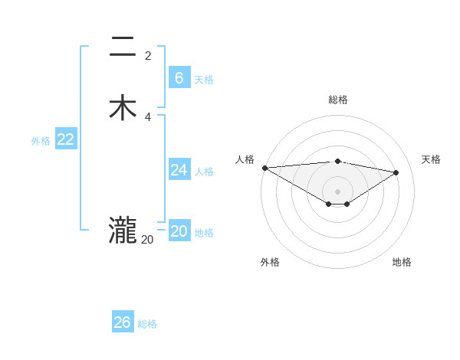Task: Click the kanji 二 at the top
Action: pyautogui.click(x=123, y=47)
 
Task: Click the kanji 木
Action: pyautogui.click(x=123, y=108)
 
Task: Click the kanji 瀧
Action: pyautogui.click(x=123, y=231)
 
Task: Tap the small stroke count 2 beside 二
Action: pyautogui.click(x=148, y=56)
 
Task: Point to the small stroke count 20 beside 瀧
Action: pyautogui.click(x=147, y=240)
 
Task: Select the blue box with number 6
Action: pyautogui.click(x=179, y=78)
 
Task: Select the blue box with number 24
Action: pyautogui.click(x=179, y=170)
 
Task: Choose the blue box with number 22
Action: pyautogui.click(x=65, y=139)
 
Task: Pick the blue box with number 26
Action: pyautogui.click(x=122, y=322)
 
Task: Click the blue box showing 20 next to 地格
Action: pyautogui.click(x=179, y=231)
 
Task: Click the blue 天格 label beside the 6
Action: pyautogui.click(x=204, y=80)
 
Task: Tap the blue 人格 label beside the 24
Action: pyautogui.click(x=204, y=172)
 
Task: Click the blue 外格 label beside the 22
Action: pyautogui.click(x=41, y=141)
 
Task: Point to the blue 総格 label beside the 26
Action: pyautogui.click(x=147, y=324)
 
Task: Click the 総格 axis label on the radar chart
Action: pyautogui.click(x=337, y=100)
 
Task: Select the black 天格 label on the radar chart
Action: pyautogui.click(x=431, y=159)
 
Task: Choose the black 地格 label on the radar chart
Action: pyautogui.click(x=402, y=262)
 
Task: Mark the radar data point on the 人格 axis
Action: pyautogui.click(x=264, y=168)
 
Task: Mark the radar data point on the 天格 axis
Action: pyautogui.click(x=396, y=172)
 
